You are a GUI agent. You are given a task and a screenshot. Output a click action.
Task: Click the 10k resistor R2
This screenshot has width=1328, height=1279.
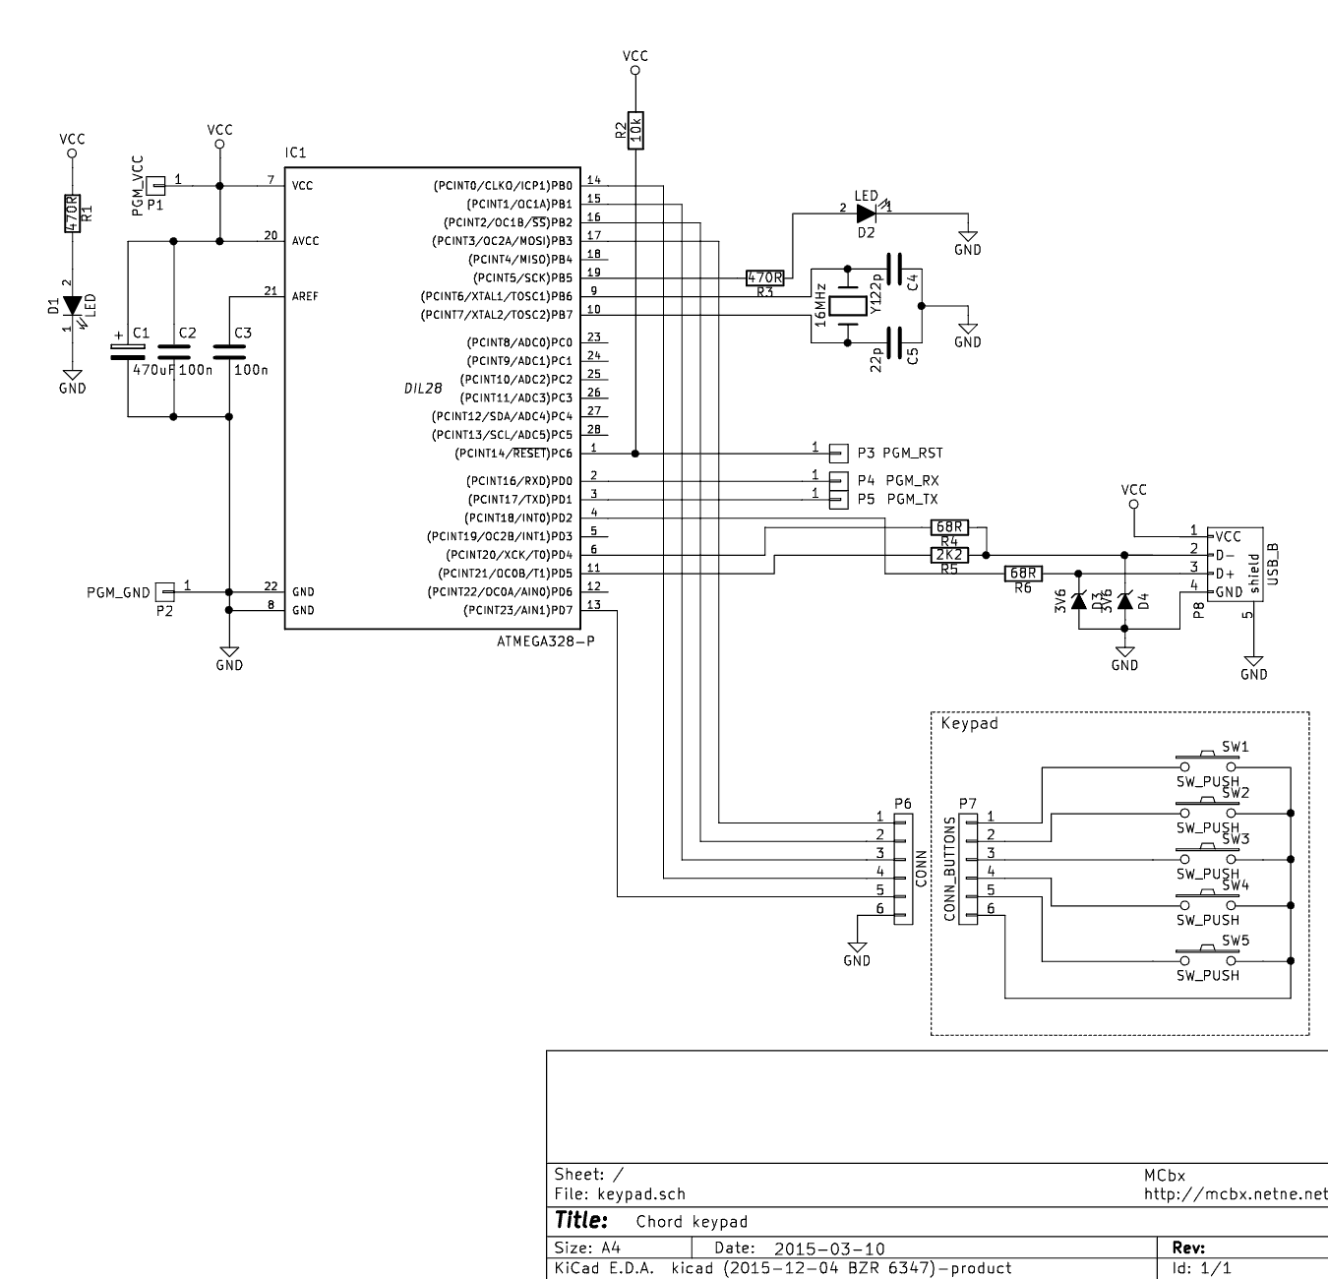[635, 129]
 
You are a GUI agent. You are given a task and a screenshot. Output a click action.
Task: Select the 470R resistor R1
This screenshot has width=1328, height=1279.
[72, 213]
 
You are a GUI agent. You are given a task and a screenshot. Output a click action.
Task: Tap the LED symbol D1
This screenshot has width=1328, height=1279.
[72, 306]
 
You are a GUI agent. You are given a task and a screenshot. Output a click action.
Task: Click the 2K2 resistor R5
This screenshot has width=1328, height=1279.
[949, 555]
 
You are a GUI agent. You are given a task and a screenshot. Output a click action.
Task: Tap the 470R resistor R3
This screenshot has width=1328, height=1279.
[765, 278]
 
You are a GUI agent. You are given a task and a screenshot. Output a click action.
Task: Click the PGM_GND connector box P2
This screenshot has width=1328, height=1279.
[165, 592]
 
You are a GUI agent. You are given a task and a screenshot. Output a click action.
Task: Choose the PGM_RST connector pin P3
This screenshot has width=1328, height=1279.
[838, 454]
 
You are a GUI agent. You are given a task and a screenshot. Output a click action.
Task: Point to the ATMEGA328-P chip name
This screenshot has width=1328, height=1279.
[546, 641]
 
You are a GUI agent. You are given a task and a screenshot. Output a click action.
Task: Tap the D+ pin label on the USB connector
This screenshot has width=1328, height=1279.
[1225, 574]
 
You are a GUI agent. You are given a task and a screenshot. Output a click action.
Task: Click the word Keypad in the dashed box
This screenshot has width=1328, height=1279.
[969, 723]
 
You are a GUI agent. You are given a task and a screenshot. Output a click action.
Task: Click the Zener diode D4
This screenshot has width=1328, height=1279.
[1124, 600]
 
